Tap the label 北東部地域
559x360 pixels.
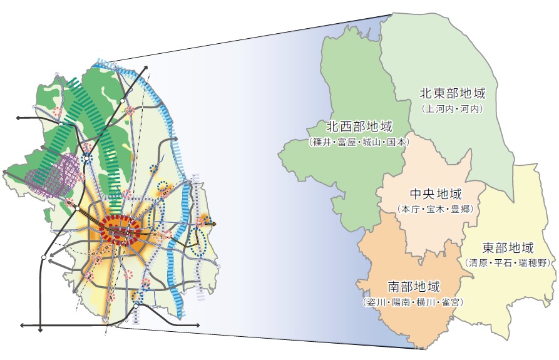452,94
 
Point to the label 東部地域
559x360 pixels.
508,248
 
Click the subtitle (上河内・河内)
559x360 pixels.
452,109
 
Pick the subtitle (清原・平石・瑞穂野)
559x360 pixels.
508,264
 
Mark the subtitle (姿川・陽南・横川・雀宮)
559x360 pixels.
413,302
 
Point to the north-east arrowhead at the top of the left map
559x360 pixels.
147,64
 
